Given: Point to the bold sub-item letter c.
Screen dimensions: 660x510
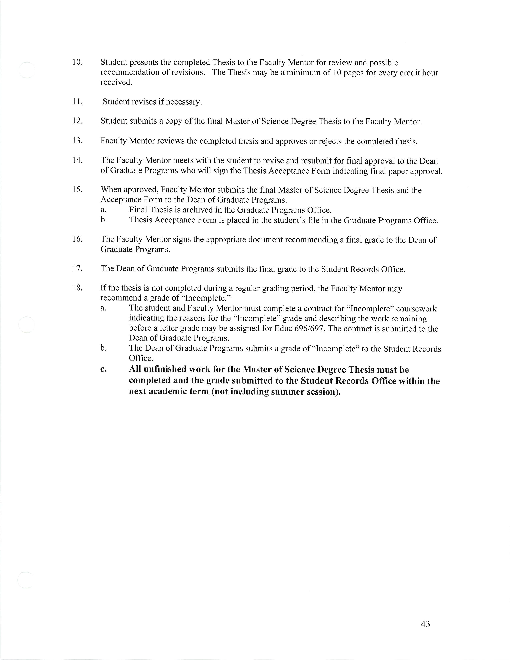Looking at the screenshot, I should pyautogui.click(x=103, y=370).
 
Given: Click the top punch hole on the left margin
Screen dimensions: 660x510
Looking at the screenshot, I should pyautogui.click(x=27, y=70).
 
